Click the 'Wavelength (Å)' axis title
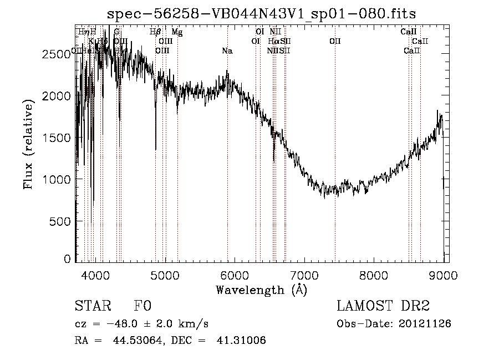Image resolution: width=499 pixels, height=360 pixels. (x=261, y=289)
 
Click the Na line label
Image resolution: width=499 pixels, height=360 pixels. (x=227, y=51)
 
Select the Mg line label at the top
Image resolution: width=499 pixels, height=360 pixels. (x=177, y=32)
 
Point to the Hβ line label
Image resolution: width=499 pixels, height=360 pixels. (x=155, y=32)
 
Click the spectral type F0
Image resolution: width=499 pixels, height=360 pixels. (x=142, y=306)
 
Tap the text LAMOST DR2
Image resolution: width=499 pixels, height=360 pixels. (x=383, y=306)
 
